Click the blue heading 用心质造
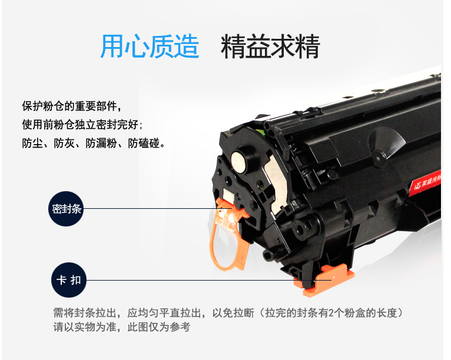click(x=150, y=46)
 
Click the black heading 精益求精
click(x=270, y=46)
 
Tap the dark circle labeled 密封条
click(x=66, y=209)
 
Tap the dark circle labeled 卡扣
click(x=69, y=280)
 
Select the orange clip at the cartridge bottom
click(x=325, y=280)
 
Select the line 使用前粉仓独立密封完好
click(x=82, y=124)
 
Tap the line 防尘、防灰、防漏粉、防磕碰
click(x=94, y=143)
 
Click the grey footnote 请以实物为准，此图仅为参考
click(x=121, y=327)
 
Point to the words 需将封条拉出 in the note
click(x=85, y=312)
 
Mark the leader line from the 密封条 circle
click(x=158, y=209)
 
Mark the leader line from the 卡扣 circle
click(x=209, y=280)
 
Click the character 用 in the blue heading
click(x=112, y=46)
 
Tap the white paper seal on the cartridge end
click(x=277, y=184)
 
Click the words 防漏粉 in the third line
click(x=101, y=143)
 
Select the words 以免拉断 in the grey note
click(x=233, y=312)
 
